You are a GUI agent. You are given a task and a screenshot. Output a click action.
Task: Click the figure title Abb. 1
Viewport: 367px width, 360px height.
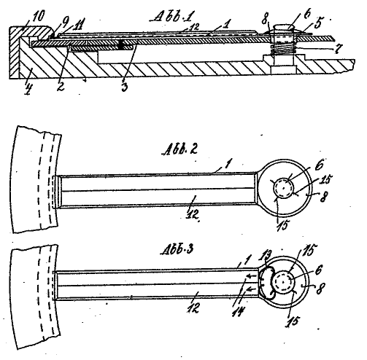[x=172, y=17]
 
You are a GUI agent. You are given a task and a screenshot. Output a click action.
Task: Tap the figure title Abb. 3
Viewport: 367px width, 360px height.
[x=177, y=249]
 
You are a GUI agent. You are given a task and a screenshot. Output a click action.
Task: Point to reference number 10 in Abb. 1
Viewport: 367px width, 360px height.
[x=38, y=17]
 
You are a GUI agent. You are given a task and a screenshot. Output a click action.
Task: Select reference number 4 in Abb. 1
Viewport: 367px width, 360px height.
[x=28, y=89]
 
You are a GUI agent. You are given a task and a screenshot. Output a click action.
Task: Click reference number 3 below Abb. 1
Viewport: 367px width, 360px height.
[x=124, y=87]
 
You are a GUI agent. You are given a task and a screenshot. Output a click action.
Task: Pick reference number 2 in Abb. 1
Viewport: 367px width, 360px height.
[x=61, y=86]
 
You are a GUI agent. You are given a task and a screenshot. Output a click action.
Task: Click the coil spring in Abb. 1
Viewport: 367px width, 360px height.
[x=283, y=49]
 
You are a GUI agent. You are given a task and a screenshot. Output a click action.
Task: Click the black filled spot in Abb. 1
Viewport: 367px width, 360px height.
[x=120, y=44]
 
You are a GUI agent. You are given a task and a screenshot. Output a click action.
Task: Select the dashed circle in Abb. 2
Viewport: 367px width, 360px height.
[x=284, y=188]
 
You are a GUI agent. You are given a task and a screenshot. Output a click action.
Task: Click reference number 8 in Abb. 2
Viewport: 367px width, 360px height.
[x=322, y=197]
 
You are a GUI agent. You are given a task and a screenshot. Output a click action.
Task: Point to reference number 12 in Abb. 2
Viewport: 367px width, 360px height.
[x=193, y=215]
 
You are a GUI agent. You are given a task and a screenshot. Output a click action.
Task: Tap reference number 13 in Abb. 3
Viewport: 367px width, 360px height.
[x=266, y=257]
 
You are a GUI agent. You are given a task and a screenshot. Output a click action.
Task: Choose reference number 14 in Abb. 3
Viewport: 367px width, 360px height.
[x=238, y=311]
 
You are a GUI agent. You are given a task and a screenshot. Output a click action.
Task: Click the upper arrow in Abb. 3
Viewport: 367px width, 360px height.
[x=251, y=275]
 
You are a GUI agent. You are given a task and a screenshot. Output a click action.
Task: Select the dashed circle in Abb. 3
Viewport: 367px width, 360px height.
[x=284, y=282]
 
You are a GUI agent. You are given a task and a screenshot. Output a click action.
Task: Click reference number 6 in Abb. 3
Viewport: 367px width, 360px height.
[x=319, y=270]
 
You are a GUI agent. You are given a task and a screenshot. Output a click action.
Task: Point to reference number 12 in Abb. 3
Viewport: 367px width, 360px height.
[x=193, y=308]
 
